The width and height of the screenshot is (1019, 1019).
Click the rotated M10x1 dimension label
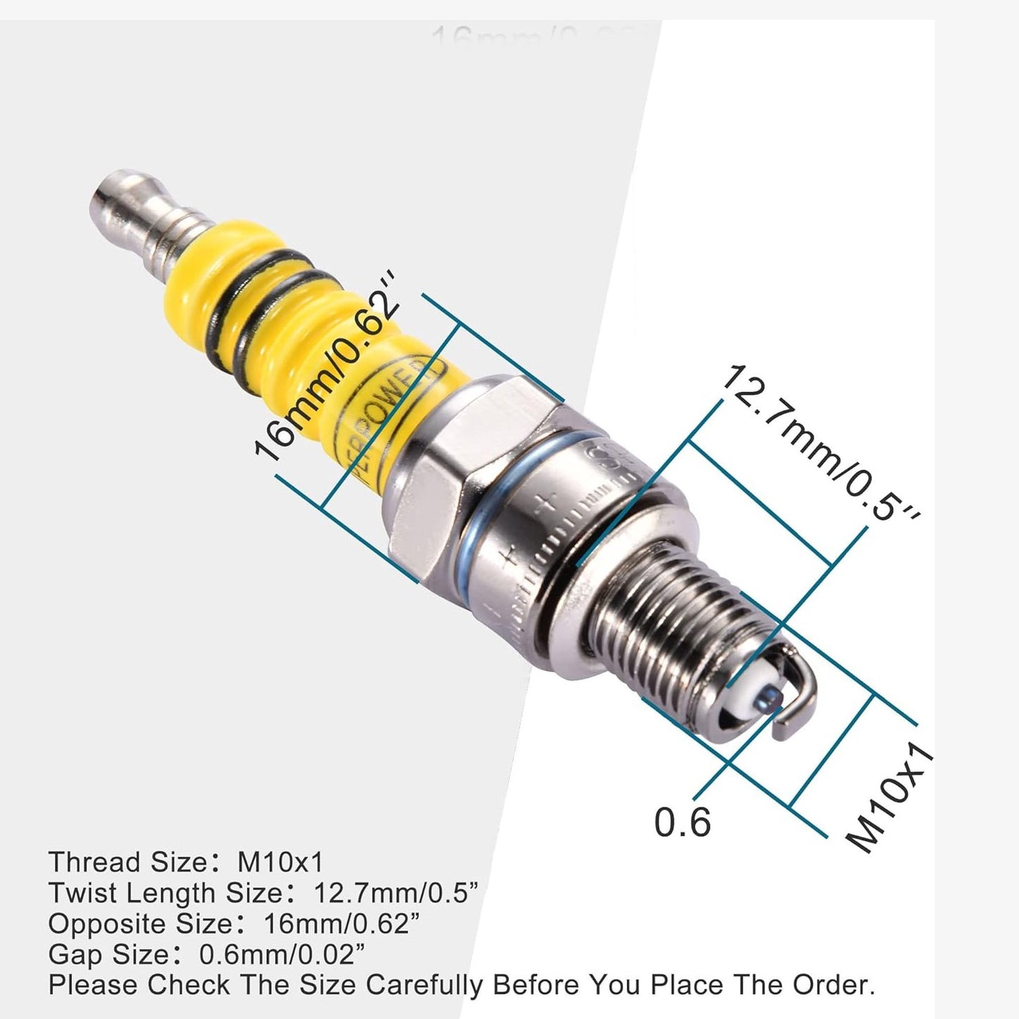pos(890,800)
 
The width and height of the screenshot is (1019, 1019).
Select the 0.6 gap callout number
pos(682,822)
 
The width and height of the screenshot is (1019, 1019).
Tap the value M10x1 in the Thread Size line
pos(280,862)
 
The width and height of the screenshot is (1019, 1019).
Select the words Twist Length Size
pos(166,893)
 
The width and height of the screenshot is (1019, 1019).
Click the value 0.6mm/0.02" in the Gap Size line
pos(282,955)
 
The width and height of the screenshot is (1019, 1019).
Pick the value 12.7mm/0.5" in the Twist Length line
pos(396,893)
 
